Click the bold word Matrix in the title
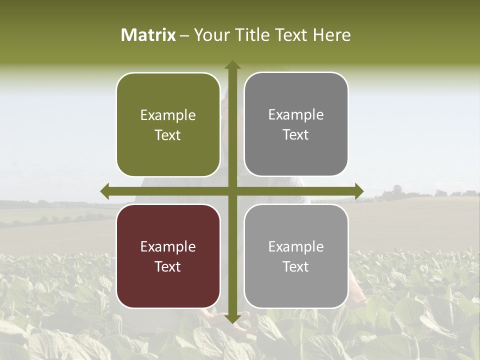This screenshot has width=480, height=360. [x=148, y=35]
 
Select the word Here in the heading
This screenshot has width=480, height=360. [x=331, y=35]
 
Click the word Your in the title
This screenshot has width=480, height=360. [x=209, y=35]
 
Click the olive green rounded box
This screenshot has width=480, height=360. [x=168, y=124]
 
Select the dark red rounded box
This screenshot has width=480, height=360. [x=168, y=256]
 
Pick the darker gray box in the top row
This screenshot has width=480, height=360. [x=296, y=124]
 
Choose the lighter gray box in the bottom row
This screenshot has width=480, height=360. [x=296, y=256]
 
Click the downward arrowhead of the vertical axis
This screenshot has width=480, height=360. [x=232, y=319]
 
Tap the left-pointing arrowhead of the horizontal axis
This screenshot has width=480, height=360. [x=104, y=191]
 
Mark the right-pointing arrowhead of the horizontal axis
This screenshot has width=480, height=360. [x=359, y=191]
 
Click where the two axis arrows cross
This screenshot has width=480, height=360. [x=232, y=191]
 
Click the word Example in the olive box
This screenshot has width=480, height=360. [x=168, y=115]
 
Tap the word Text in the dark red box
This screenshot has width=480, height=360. [x=168, y=266]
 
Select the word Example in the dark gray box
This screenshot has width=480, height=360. [x=296, y=114]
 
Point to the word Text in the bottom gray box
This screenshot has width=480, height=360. [x=296, y=266]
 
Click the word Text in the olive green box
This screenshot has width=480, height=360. [x=168, y=135]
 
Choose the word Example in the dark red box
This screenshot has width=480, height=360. [x=168, y=246]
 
